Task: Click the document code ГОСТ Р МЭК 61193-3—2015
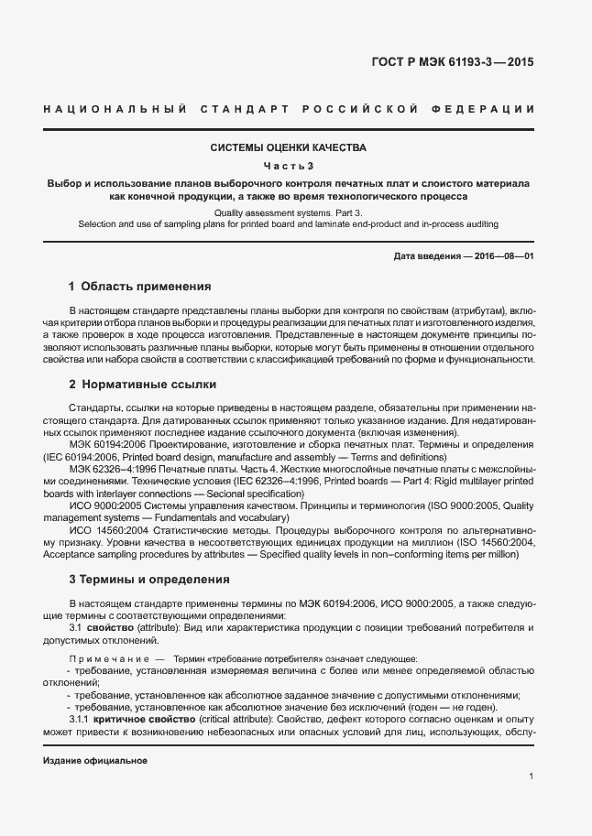pos(466,63)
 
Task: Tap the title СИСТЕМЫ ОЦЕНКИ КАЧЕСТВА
pos(289,147)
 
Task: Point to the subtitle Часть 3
pos(289,166)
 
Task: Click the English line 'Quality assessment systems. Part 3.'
pos(289,212)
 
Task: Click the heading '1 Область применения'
pos(139,286)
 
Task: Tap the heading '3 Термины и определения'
pos(149,580)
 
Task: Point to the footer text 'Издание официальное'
pos(95,761)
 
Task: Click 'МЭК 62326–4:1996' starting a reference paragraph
pos(112,468)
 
